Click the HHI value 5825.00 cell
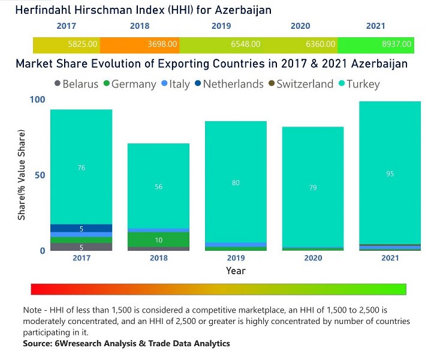click(x=66, y=44)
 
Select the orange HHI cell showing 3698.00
click(x=139, y=44)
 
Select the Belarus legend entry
click(x=76, y=84)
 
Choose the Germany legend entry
click(x=129, y=84)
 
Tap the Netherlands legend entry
click(x=228, y=84)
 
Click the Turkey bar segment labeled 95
click(x=390, y=173)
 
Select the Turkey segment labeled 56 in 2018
click(x=158, y=187)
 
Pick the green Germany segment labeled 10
click(x=158, y=240)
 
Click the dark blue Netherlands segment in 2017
click(x=81, y=228)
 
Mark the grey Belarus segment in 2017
click(x=81, y=247)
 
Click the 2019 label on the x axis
click(x=236, y=258)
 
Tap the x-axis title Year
click(x=236, y=271)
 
